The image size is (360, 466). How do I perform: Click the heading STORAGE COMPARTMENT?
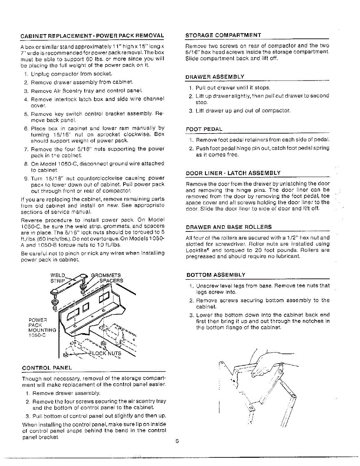coord(223,35)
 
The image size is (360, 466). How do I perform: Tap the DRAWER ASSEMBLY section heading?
coord(215,77)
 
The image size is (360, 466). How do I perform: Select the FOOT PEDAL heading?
coord(204,129)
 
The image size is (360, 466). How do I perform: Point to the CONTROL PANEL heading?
coord(47,368)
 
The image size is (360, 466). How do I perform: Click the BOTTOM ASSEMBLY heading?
coord(216,275)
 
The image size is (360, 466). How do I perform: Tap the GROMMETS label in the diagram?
coord(106,275)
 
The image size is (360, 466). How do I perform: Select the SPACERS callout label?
coord(111,280)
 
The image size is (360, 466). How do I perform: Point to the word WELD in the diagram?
coord(58,275)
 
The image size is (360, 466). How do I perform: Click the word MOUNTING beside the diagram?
coord(42,330)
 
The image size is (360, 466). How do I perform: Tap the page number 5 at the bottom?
coord(176,441)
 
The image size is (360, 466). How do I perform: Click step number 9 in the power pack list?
coord(25,179)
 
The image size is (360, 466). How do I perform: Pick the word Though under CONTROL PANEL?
coord(31,379)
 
